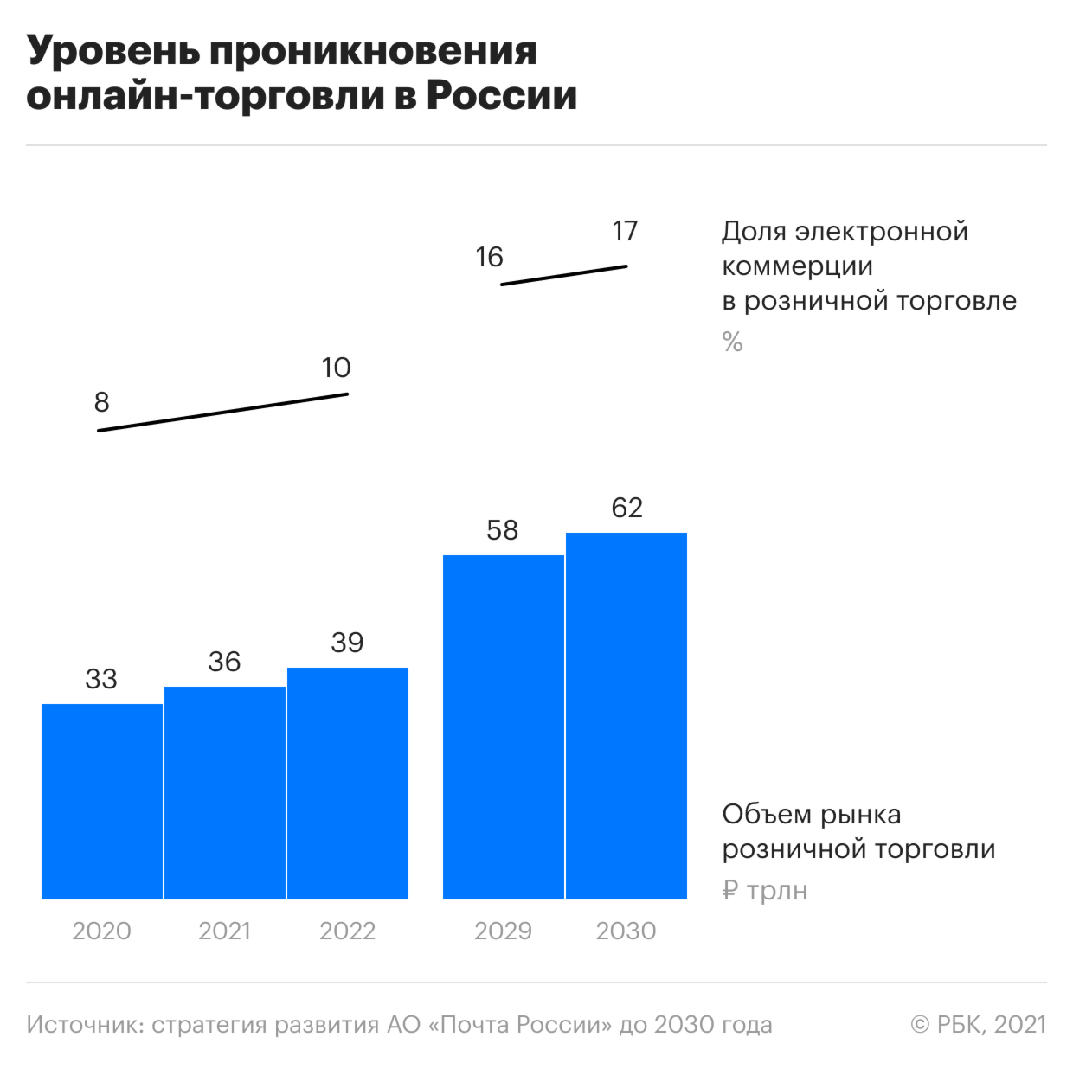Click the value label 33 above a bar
tap(101, 679)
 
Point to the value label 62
tap(626, 508)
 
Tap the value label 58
tap(503, 530)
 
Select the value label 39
tap(347, 643)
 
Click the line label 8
tap(102, 402)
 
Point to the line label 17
tap(625, 231)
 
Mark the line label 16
tap(490, 257)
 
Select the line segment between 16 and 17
tap(564, 275)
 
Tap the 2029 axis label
tap(503, 931)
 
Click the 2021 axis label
tap(225, 931)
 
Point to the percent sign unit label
tap(732, 342)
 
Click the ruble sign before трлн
tap(730, 891)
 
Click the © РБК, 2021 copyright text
tap(978, 1026)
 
